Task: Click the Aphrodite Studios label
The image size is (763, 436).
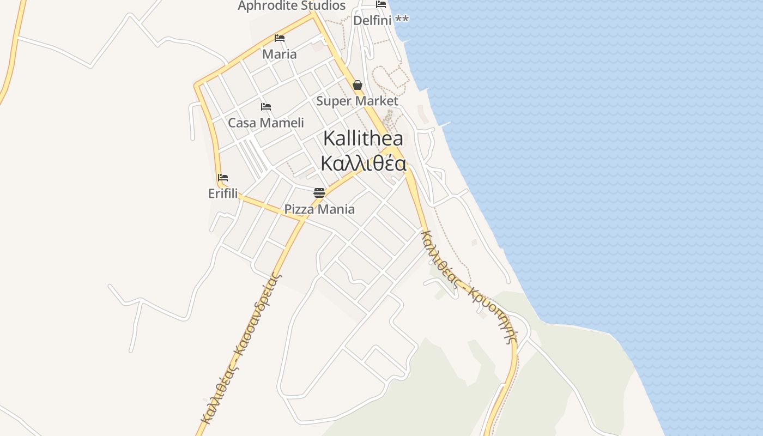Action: (292, 6)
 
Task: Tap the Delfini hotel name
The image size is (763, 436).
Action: (373, 20)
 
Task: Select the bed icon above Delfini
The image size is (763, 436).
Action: (381, 4)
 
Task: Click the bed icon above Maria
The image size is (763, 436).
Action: (280, 38)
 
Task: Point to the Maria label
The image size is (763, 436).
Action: (280, 54)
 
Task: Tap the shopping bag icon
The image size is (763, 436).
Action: (358, 85)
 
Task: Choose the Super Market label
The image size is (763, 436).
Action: (357, 101)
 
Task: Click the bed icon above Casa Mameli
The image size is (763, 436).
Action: (266, 107)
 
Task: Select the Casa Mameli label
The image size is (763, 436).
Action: (266, 123)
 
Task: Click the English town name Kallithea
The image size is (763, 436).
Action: (363, 138)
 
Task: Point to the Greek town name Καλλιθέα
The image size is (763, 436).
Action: (363, 163)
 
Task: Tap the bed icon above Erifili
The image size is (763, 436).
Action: (223, 178)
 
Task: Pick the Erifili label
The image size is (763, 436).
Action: (223, 193)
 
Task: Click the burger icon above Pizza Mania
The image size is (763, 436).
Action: (319, 193)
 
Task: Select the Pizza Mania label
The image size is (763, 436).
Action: (319, 209)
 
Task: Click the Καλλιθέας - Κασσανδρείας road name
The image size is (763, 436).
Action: (241, 349)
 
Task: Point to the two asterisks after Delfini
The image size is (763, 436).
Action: (402, 20)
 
